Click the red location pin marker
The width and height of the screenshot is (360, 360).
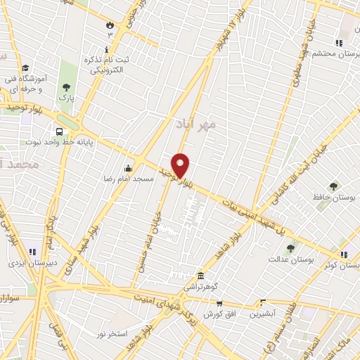[181, 165]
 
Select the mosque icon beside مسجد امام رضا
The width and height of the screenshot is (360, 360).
[128, 168]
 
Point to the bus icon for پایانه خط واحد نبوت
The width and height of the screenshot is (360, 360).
[59, 131]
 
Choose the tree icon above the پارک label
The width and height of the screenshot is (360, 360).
[66, 88]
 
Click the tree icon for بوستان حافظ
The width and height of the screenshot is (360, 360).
[333, 186]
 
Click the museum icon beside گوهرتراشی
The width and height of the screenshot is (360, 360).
[201, 275]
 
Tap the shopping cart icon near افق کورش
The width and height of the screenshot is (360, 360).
[219, 303]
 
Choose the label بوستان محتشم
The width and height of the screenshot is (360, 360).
[331, 53]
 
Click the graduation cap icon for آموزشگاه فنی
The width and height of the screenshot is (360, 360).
[25, 68]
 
